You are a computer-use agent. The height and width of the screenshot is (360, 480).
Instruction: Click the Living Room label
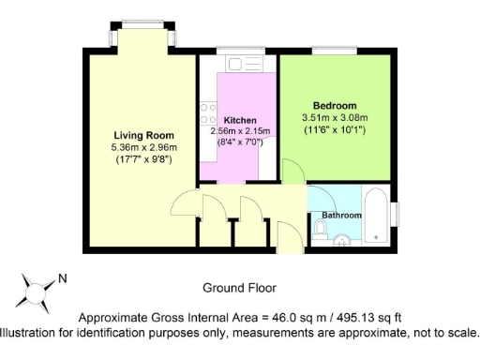pos(144,135)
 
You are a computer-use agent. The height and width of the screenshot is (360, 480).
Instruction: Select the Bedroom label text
pos(335,105)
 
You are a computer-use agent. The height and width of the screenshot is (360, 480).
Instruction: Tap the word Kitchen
pos(240,121)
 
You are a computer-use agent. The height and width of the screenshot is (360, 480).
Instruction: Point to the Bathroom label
pos(341,216)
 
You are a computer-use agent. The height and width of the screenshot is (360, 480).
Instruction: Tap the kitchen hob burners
pos(208,115)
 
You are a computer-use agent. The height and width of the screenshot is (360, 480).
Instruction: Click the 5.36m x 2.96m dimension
pos(144,147)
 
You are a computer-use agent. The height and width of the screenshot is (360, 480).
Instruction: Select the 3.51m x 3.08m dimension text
pos(335,117)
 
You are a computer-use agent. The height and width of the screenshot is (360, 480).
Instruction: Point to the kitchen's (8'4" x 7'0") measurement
pos(240,142)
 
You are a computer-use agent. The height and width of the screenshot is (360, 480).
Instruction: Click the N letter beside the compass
pos(63,277)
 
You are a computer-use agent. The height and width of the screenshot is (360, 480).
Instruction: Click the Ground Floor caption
pos(239,287)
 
